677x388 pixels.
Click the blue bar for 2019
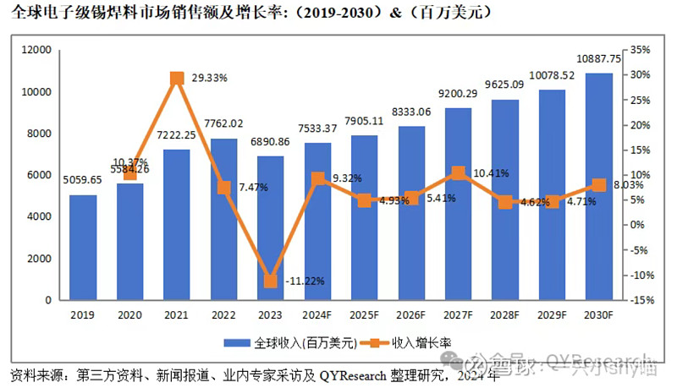83,248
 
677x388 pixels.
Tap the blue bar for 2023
271,228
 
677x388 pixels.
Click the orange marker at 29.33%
177,79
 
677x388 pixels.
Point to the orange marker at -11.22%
271,281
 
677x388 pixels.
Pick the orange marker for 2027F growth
458,173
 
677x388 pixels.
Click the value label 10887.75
598,60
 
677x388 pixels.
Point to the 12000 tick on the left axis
37,51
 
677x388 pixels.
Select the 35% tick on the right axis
639,51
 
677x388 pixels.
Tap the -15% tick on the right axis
639,300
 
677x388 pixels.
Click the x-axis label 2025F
365,315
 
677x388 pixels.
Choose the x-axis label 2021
177,315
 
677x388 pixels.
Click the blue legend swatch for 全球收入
239,343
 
